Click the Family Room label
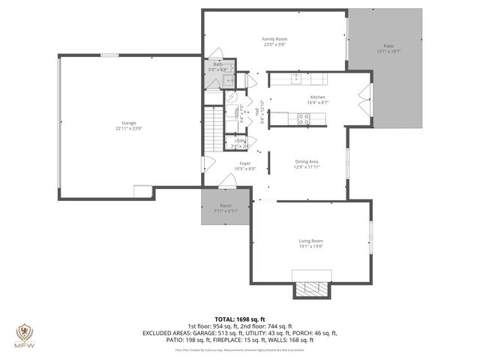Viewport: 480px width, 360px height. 274,39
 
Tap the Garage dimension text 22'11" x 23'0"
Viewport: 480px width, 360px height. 129,128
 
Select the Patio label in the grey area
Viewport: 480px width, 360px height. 387,46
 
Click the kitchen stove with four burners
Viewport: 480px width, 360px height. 304,117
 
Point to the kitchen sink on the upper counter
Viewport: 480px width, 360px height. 297,77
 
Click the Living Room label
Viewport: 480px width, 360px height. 310,241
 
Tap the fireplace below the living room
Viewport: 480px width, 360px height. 310,289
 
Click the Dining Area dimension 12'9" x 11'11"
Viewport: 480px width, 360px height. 307,167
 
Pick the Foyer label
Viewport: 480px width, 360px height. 244,163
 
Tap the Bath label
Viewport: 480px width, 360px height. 217,64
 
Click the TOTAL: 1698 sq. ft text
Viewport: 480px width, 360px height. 240,319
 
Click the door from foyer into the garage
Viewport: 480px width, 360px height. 208,163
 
